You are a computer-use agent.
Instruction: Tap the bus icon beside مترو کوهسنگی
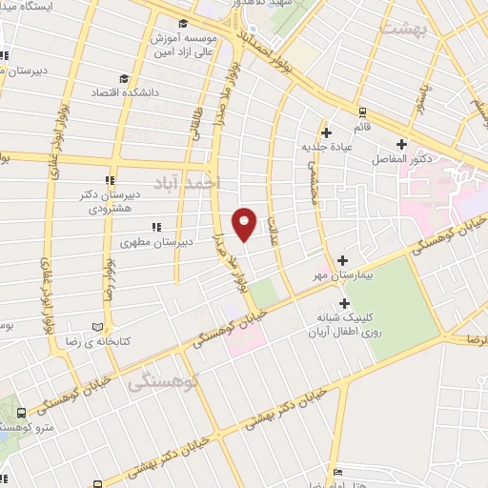click(21, 414)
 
